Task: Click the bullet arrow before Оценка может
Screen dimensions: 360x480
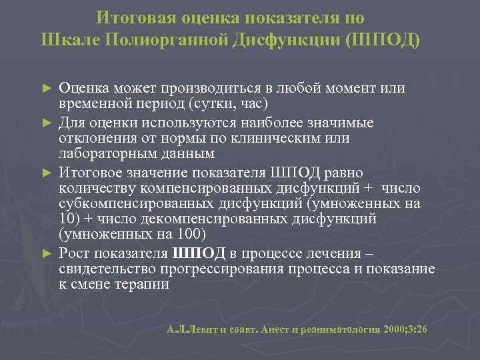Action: pyautogui.click(x=46, y=89)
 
